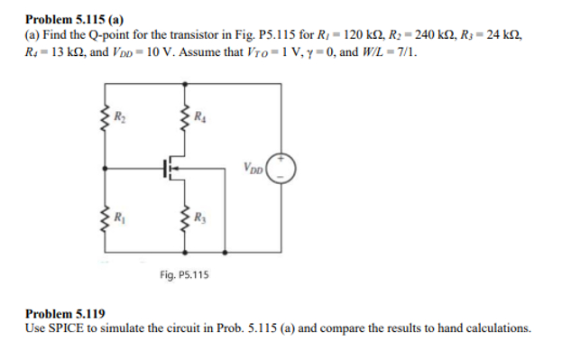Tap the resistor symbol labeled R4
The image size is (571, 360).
coord(187,117)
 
